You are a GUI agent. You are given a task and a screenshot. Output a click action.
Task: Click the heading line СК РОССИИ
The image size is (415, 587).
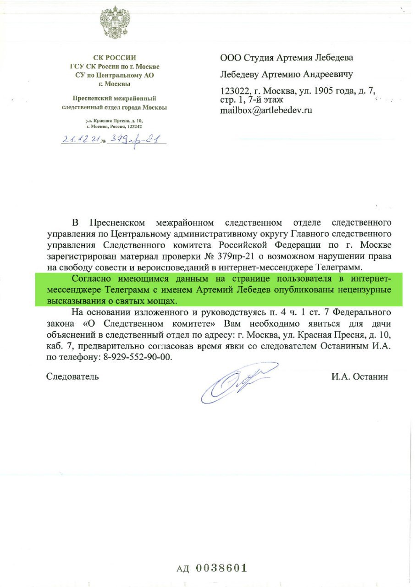coord(115,58)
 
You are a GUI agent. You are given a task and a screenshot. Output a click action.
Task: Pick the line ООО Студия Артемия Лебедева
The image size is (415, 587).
coord(287,58)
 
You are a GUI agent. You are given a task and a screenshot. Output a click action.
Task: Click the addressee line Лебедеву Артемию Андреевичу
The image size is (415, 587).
coord(287,74)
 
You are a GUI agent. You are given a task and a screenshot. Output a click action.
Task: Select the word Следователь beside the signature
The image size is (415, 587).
coord(72,377)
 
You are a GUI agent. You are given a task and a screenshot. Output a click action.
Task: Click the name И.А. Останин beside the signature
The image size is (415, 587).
coord(359,377)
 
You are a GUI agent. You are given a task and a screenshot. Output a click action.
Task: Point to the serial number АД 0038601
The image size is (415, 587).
coord(212,568)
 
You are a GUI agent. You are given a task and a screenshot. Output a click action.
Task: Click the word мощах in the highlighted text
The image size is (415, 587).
coord(164,301)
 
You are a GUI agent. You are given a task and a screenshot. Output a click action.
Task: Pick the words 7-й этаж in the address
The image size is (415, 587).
coord(268,99)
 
